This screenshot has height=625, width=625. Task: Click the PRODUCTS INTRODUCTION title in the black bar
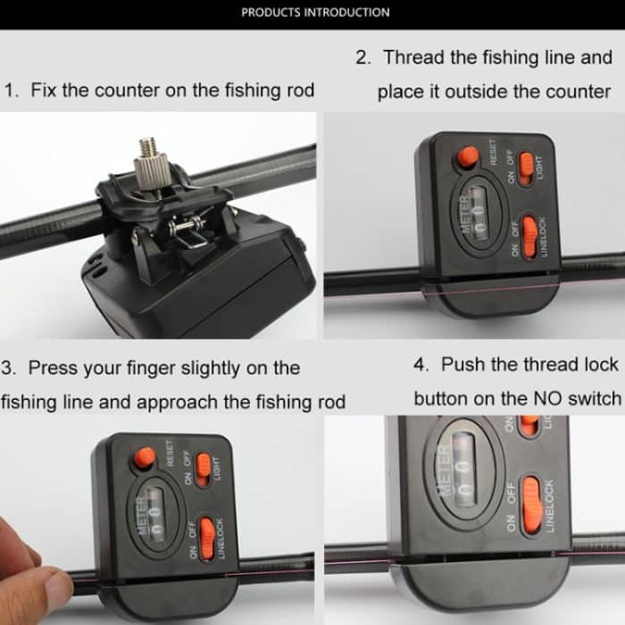click(x=315, y=12)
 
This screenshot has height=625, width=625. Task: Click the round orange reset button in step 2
click(x=466, y=157)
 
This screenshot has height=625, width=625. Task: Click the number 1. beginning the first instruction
click(x=12, y=91)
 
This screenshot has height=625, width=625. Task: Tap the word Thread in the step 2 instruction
click(x=414, y=58)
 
